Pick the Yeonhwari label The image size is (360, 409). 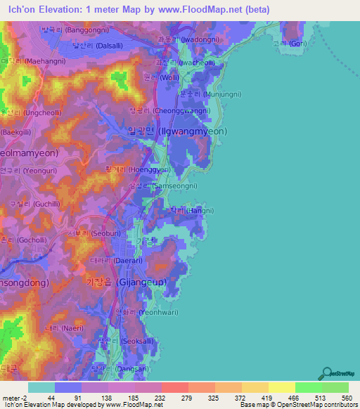click(x=143, y=311)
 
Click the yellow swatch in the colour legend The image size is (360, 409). click(x=282, y=387)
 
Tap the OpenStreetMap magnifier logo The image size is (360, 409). click(x=326, y=372)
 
